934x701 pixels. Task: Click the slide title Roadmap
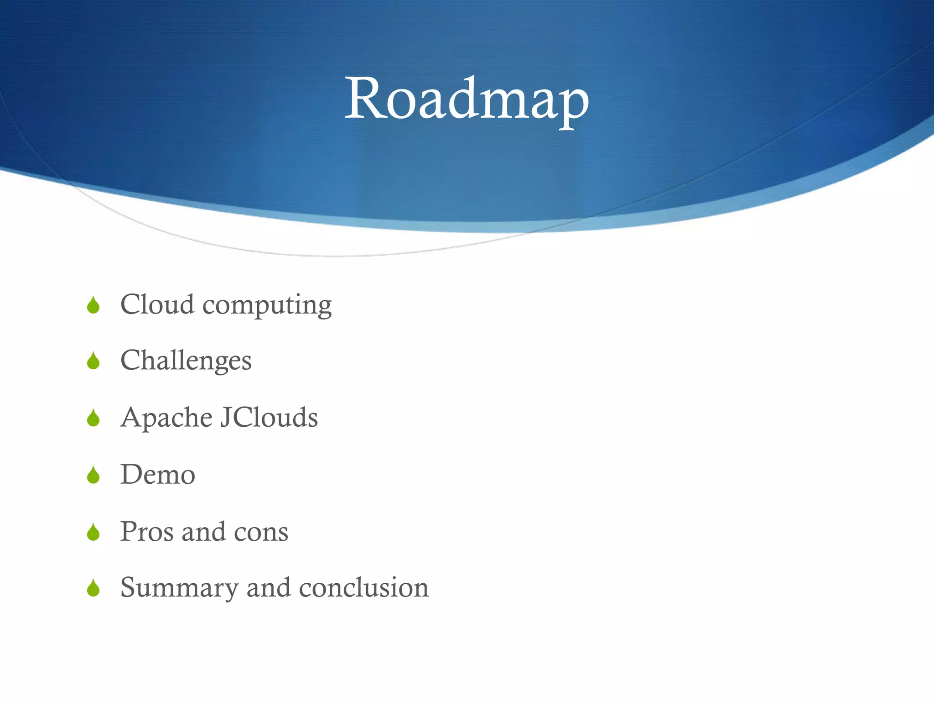click(467, 99)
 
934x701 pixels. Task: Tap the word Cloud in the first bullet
click(157, 304)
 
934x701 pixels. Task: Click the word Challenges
click(186, 361)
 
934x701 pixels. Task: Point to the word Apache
click(166, 418)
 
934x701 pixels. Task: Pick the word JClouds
click(269, 417)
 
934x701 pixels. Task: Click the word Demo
click(158, 475)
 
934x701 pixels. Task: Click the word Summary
click(179, 588)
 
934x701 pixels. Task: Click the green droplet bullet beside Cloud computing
click(93, 305)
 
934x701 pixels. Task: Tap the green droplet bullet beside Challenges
click(93, 361)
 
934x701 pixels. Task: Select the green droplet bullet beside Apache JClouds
click(93, 418)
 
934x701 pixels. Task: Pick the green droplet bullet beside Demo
click(93, 475)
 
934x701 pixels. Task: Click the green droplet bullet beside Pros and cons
click(93, 532)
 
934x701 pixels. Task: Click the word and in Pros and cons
click(203, 532)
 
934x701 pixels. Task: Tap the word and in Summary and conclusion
click(269, 587)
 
